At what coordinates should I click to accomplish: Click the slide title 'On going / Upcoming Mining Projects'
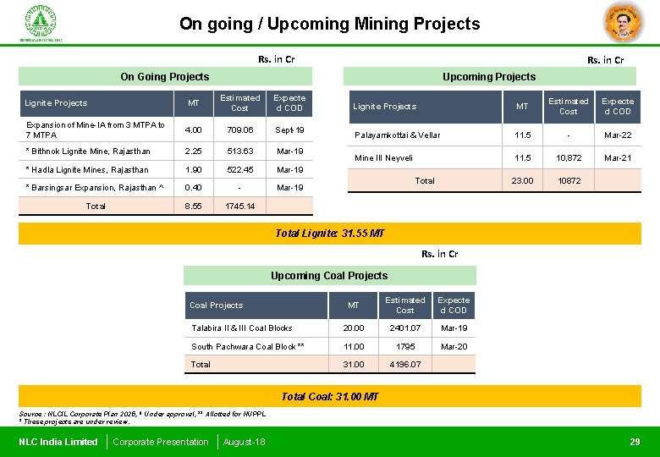(x=329, y=24)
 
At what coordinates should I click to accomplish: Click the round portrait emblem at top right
(x=624, y=23)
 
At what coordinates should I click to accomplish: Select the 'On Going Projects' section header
(x=164, y=76)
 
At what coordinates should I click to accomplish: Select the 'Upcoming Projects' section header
(x=489, y=76)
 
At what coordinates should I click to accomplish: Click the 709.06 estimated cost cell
(x=239, y=130)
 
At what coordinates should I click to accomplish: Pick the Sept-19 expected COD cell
(x=289, y=130)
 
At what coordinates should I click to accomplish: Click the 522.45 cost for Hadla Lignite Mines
(x=239, y=170)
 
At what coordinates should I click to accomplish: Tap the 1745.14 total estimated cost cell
(x=239, y=206)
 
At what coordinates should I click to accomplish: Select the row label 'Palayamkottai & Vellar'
(x=397, y=135)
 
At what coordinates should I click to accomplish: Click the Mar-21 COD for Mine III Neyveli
(x=618, y=158)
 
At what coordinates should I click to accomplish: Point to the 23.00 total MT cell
(x=522, y=180)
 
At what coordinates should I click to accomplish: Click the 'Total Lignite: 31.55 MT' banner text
(x=329, y=234)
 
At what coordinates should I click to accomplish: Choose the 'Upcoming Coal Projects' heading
(x=329, y=275)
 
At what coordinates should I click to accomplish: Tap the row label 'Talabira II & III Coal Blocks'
(x=242, y=328)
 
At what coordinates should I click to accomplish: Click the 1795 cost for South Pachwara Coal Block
(x=404, y=346)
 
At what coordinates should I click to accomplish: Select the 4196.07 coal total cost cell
(x=404, y=365)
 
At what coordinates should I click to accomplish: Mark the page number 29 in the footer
(x=635, y=442)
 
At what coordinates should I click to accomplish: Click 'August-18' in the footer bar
(x=244, y=442)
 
